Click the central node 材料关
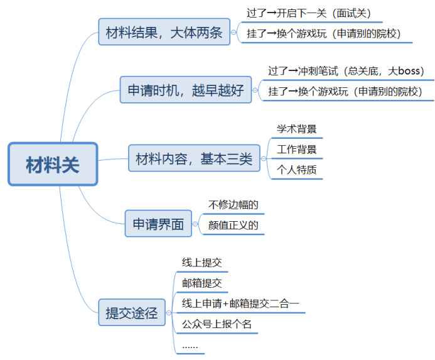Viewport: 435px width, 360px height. point(53,164)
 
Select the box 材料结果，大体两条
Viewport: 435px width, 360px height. point(164,32)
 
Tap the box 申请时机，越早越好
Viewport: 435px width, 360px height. point(186,90)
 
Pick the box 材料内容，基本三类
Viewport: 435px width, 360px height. point(193,158)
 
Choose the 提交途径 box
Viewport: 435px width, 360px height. point(131,312)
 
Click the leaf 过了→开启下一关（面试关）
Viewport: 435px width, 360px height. point(314,12)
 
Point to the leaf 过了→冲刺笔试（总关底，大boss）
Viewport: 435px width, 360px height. point(346,71)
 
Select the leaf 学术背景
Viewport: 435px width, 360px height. point(297,129)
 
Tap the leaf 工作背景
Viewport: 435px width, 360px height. point(297,150)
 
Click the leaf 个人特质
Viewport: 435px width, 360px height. point(297,170)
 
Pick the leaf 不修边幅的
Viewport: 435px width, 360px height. point(234,204)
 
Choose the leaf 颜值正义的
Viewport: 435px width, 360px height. point(234,226)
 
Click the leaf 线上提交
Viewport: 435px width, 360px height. point(202,263)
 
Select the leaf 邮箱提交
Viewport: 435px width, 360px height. point(202,283)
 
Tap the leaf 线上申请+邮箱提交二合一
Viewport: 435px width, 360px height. point(240,304)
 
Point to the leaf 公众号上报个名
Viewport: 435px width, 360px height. point(217,325)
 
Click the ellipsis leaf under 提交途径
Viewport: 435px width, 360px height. point(190,346)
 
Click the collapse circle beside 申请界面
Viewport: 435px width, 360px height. point(198,224)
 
